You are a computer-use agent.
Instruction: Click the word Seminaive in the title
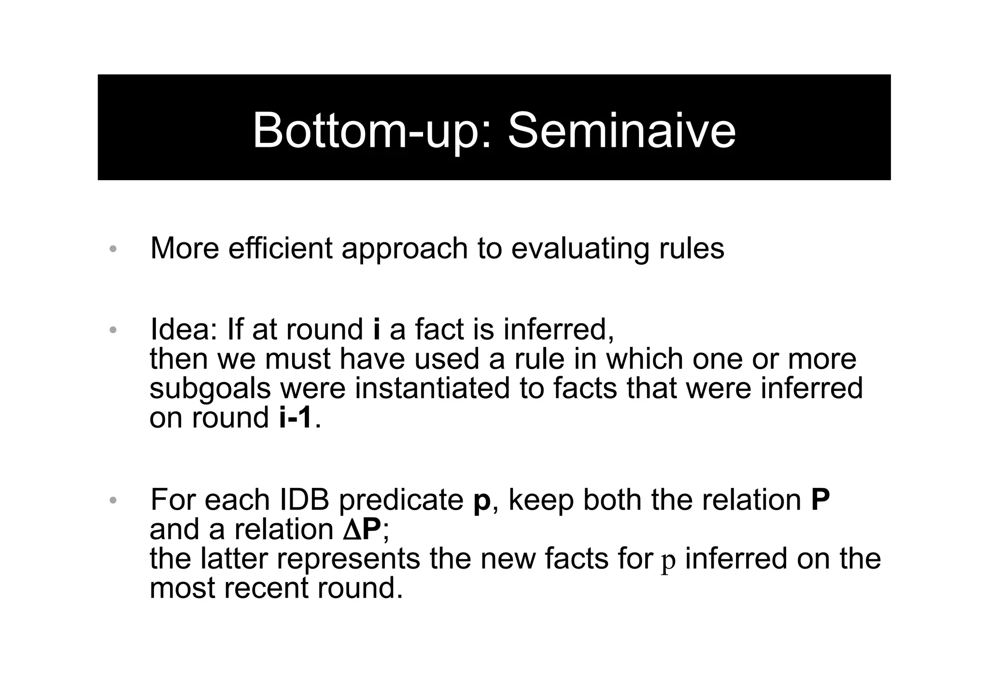click(x=622, y=130)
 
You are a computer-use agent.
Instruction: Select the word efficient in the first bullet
click(x=280, y=249)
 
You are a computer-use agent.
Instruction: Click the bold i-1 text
click(x=296, y=417)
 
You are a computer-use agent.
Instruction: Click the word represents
click(x=348, y=559)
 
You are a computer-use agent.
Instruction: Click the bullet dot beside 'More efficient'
click(x=113, y=250)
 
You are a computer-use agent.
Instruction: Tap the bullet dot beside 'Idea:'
click(x=113, y=330)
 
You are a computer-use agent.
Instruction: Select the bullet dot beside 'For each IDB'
click(x=113, y=500)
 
